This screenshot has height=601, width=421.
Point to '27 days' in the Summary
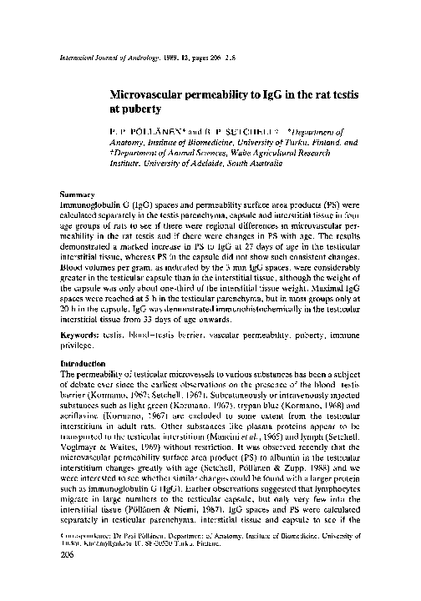[x=274, y=266]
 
